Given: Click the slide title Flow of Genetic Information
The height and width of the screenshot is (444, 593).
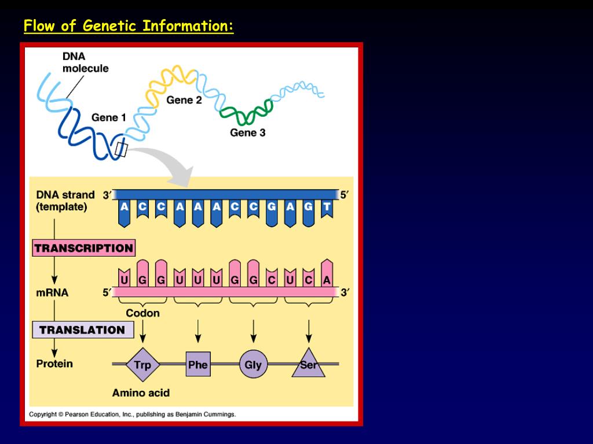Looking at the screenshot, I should pos(129,27).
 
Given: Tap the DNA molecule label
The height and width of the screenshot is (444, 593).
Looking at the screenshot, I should pos(85,62).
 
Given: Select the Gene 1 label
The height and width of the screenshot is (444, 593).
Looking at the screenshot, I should pos(108,117).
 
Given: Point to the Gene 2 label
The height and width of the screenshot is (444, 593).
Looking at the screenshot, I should pos(184,100).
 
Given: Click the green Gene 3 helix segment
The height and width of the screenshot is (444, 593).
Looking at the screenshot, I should pos(247,113).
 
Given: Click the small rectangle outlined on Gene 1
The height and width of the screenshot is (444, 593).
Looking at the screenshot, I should pos(121,149).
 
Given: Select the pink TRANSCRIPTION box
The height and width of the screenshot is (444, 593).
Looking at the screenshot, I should pos(83,248).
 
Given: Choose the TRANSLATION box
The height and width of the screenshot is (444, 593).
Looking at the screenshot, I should pos(82,330).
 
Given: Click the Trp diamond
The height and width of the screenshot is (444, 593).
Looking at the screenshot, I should pos(142,365).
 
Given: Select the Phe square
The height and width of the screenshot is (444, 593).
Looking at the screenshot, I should pos(197,365).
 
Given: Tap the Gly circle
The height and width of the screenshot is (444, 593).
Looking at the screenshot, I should pos(253,365).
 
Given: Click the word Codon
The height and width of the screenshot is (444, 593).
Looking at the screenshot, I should pos(142,313).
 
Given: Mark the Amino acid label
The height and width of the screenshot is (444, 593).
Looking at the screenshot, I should pos(141,393).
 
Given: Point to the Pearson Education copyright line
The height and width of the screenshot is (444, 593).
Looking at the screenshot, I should pos(133,414).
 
